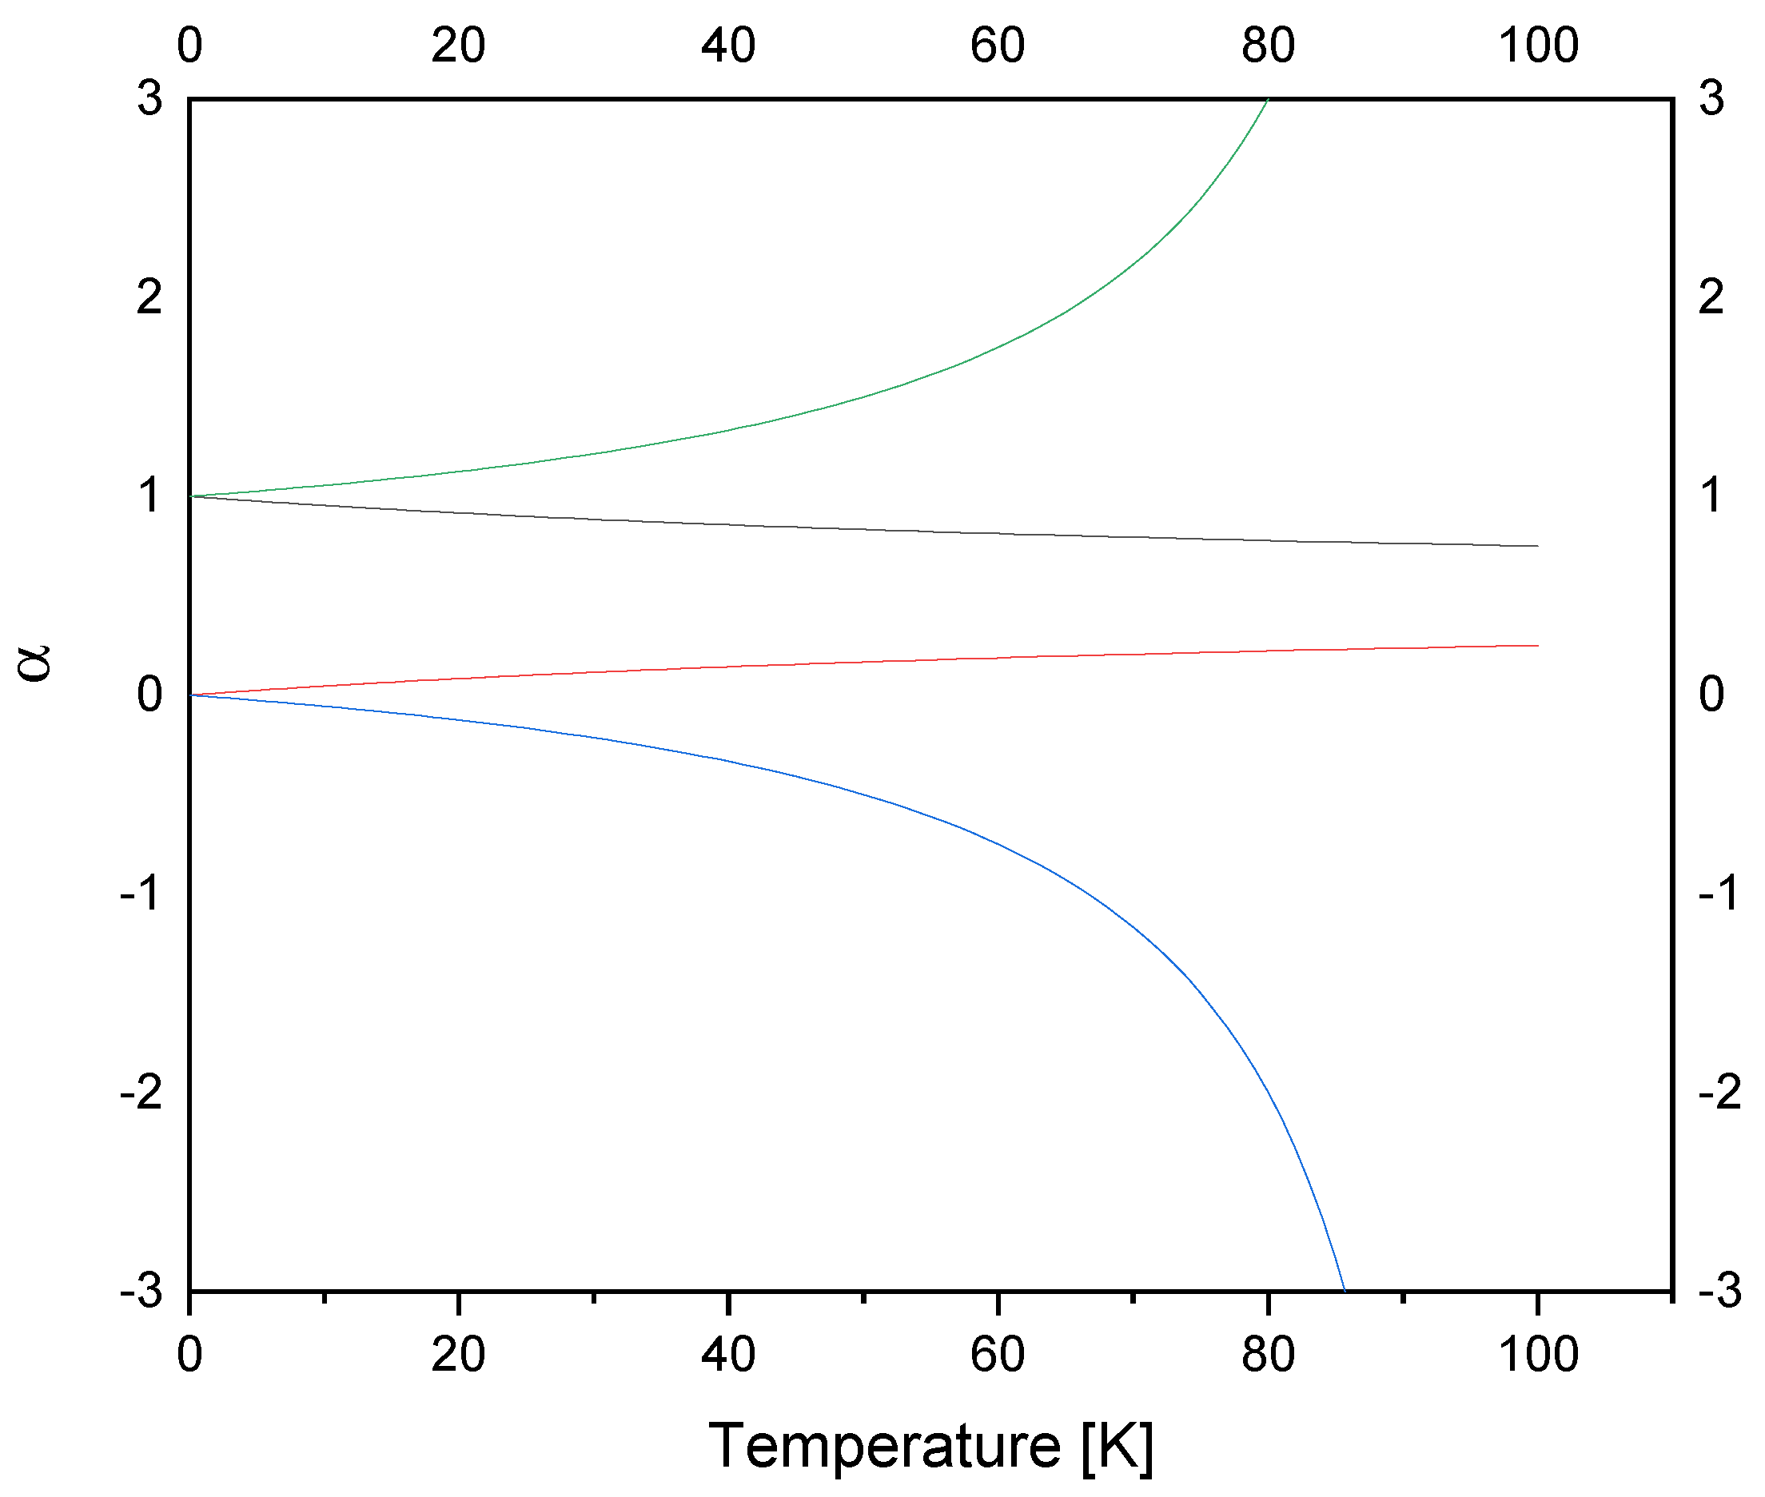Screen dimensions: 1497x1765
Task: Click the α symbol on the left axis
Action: pos(36,663)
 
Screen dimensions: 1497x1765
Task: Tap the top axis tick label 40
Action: pos(728,45)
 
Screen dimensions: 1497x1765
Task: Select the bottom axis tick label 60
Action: pos(997,1355)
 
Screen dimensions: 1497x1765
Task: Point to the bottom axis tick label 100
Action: pos(1538,1355)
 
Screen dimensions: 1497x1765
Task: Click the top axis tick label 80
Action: pos(1268,45)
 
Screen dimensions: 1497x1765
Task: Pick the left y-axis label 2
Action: pos(149,297)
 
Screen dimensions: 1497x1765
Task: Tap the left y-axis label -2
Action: pos(141,1091)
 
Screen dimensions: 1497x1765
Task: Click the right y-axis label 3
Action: pos(1711,98)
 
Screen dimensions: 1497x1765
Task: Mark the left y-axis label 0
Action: pos(149,695)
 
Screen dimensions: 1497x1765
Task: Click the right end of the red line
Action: pos(1538,646)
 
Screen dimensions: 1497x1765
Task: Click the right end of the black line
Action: pos(1538,546)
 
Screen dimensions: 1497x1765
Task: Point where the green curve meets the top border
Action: pos(1268,100)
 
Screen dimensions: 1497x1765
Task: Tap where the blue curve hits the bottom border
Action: pos(1344,1291)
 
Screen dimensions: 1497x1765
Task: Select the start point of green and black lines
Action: pos(190,496)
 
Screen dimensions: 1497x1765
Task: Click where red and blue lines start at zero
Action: pos(190,695)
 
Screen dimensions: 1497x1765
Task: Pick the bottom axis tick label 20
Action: pos(458,1355)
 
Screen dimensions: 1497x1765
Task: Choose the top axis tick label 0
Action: pos(190,45)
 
